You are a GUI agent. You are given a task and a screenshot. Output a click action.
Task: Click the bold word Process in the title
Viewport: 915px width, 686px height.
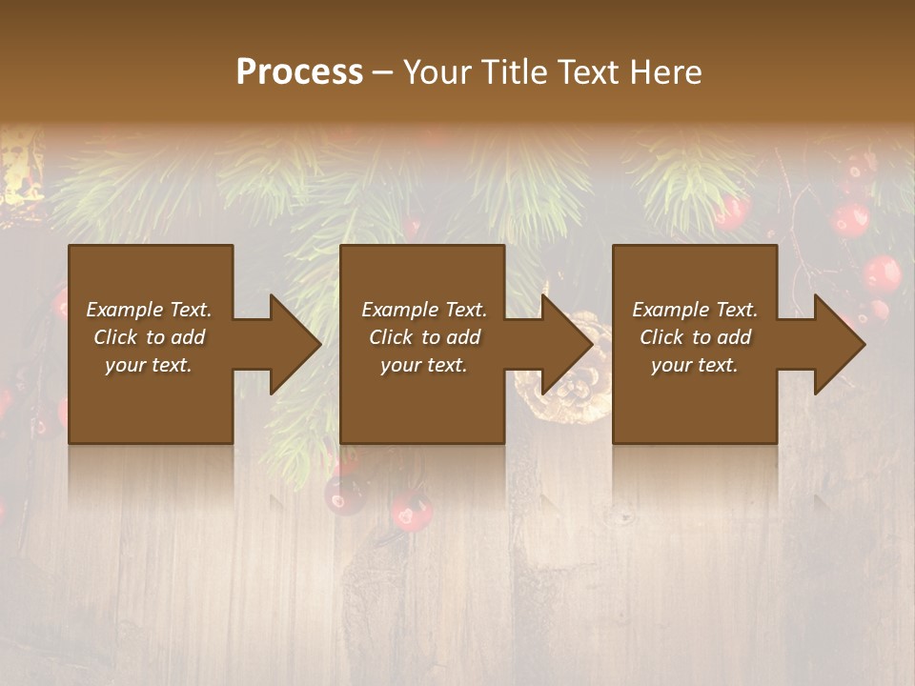(299, 72)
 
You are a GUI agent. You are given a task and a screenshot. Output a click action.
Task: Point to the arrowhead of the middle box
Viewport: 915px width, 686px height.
(565, 345)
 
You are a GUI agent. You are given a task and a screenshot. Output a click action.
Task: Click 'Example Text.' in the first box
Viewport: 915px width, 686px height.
(149, 310)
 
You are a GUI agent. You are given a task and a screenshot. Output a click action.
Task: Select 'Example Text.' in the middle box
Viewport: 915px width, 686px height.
(424, 310)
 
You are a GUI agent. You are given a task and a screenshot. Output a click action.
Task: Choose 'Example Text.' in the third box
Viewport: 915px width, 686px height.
(695, 310)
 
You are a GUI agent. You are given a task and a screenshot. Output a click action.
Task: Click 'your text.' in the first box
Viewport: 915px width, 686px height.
(149, 365)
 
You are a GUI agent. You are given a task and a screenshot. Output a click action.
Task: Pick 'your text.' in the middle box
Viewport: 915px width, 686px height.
(424, 365)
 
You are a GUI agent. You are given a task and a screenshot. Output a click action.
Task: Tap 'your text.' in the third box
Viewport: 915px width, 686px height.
(695, 365)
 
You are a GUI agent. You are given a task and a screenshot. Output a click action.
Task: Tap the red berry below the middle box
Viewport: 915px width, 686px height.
(412, 512)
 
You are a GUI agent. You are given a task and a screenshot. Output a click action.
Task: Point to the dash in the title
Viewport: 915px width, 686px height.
(382, 73)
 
